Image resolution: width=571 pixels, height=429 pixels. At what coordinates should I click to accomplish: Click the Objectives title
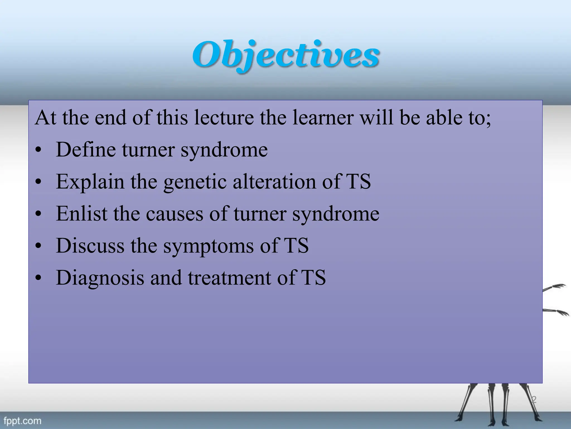[x=285, y=54]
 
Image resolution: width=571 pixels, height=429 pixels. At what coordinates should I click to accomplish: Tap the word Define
[x=86, y=149]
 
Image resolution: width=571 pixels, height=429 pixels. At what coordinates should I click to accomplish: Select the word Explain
[x=90, y=182]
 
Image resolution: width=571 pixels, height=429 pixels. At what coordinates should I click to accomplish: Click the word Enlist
[x=81, y=214]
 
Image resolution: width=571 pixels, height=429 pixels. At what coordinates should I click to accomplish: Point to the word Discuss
[x=90, y=246]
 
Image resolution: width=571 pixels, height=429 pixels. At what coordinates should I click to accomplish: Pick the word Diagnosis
[x=100, y=278]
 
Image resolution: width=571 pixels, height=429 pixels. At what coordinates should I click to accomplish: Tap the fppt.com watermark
[x=22, y=420]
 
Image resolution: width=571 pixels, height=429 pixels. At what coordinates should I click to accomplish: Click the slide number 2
[x=534, y=399]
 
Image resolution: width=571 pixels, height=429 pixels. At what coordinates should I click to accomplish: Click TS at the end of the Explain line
[x=358, y=182]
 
